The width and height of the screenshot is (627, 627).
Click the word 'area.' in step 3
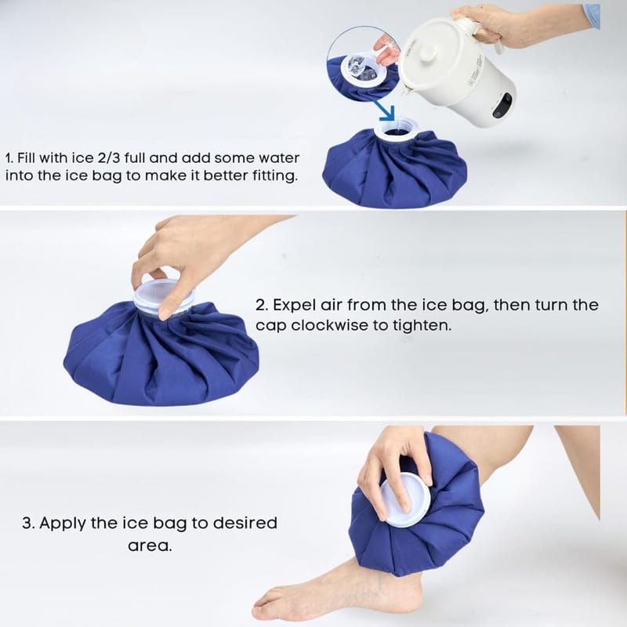coord(150,545)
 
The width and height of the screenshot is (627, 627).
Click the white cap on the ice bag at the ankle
coord(404,498)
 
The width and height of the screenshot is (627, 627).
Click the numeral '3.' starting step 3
coord(29,523)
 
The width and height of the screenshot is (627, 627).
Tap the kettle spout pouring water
coord(407,89)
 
